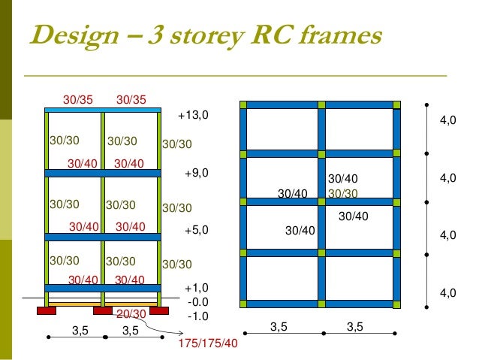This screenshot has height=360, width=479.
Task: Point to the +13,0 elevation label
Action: click(x=192, y=116)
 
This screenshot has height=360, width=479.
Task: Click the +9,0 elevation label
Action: click(x=195, y=172)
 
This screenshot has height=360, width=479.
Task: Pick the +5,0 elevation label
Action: click(x=195, y=231)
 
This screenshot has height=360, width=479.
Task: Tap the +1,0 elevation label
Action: click(x=195, y=287)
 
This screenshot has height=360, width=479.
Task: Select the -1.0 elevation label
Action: click(x=197, y=316)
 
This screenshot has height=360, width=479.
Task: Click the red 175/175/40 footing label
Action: click(x=207, y=343)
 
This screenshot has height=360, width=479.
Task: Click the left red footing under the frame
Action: click(x=47, y=310)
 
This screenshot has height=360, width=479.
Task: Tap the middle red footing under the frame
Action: click(x=103, y=310)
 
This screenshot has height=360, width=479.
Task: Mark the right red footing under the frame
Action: click(x=159, y=310)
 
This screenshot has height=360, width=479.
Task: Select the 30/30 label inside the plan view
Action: click(x=343, y=193)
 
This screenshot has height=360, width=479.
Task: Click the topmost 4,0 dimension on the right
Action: click(x=448, y=121)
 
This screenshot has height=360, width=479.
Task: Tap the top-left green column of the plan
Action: click(x=243, y=104)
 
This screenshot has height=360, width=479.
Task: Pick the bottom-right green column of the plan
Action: click(x=398, y=304)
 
